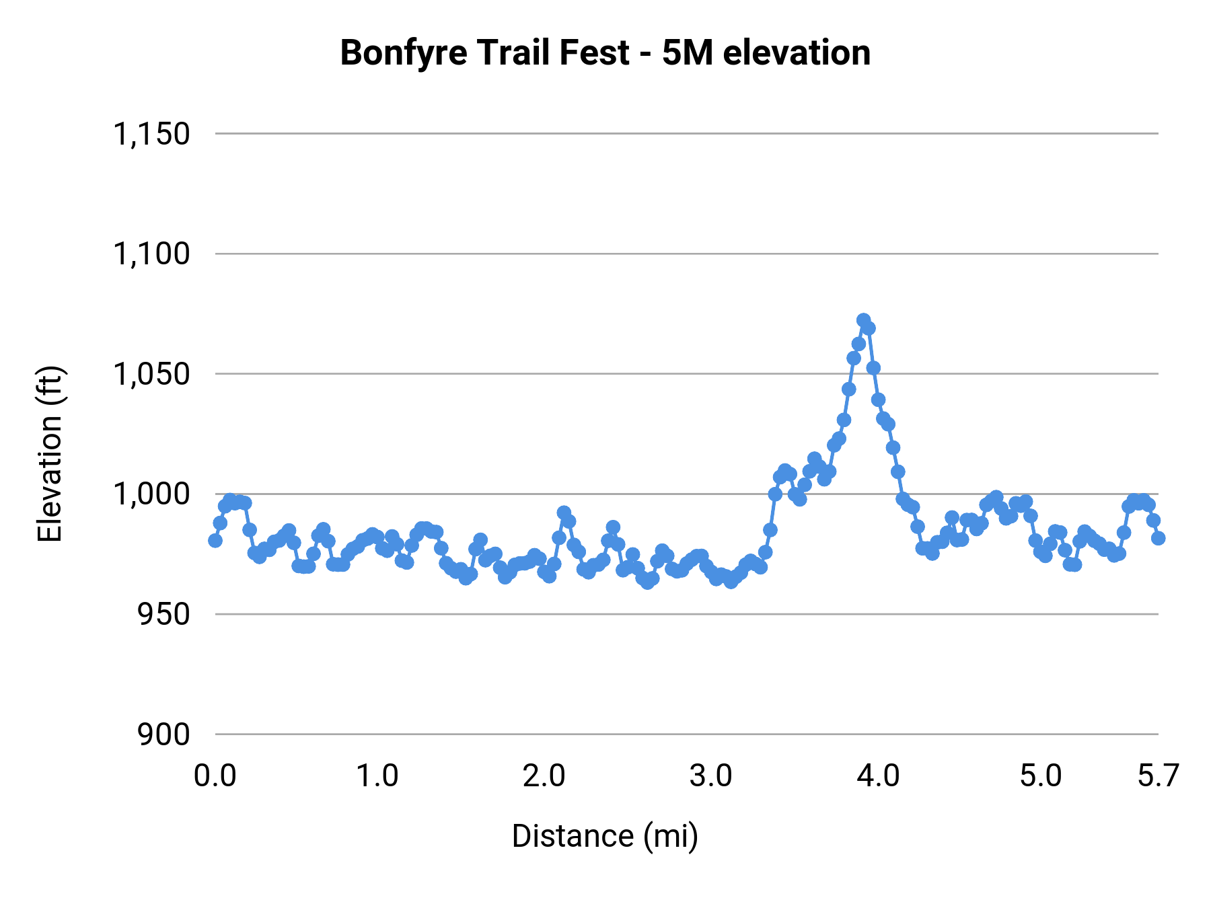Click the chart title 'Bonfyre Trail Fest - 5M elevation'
coord(605,52)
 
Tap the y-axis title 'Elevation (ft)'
coord(50,454)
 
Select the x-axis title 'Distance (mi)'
coord(605,836)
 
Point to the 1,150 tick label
coord(152,134)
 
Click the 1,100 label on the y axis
coord(152,254)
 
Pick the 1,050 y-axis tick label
coord(152,374)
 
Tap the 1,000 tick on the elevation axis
coord(152,494)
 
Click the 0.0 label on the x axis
coord(215,776)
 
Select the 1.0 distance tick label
coord(377,776)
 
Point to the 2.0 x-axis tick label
coord(544,776)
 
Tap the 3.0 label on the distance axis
coord(710,776)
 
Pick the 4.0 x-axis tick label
coord(878,776)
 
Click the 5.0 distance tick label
coord(1041,776)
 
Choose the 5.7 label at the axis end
coord(1158,776)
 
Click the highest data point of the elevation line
coord(864,320)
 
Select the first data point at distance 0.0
coord(215,540)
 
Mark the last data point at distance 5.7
coord(1158,538)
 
